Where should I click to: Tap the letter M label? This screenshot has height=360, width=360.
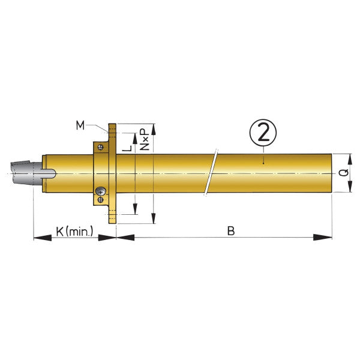(80, 125)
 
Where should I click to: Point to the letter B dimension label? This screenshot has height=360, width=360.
(230, 230)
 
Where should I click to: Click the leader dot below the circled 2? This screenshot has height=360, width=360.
(262, 161)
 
